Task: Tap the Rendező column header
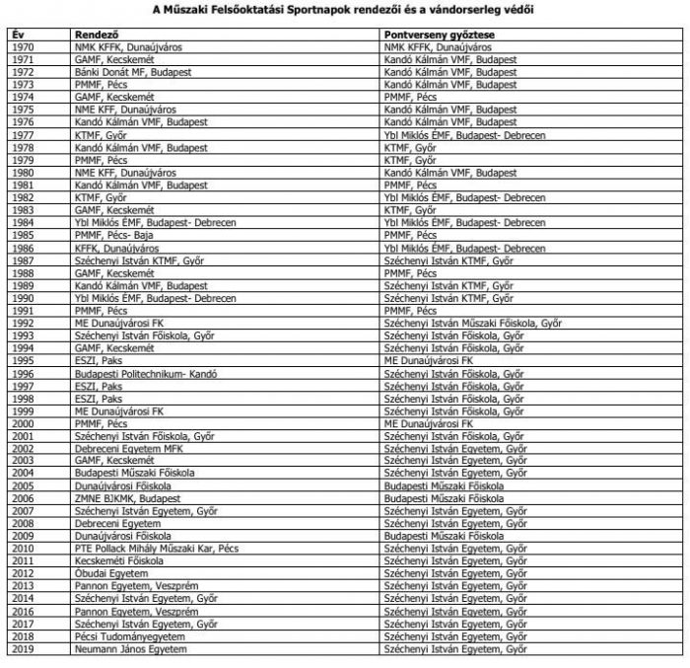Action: [x=97, y=34]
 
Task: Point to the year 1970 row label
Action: [x=23, y=46]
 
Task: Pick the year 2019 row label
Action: [x=23, y=649]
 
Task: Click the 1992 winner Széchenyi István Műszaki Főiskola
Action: [x=473, y=324]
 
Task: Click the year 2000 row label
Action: [x=23, y=423]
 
